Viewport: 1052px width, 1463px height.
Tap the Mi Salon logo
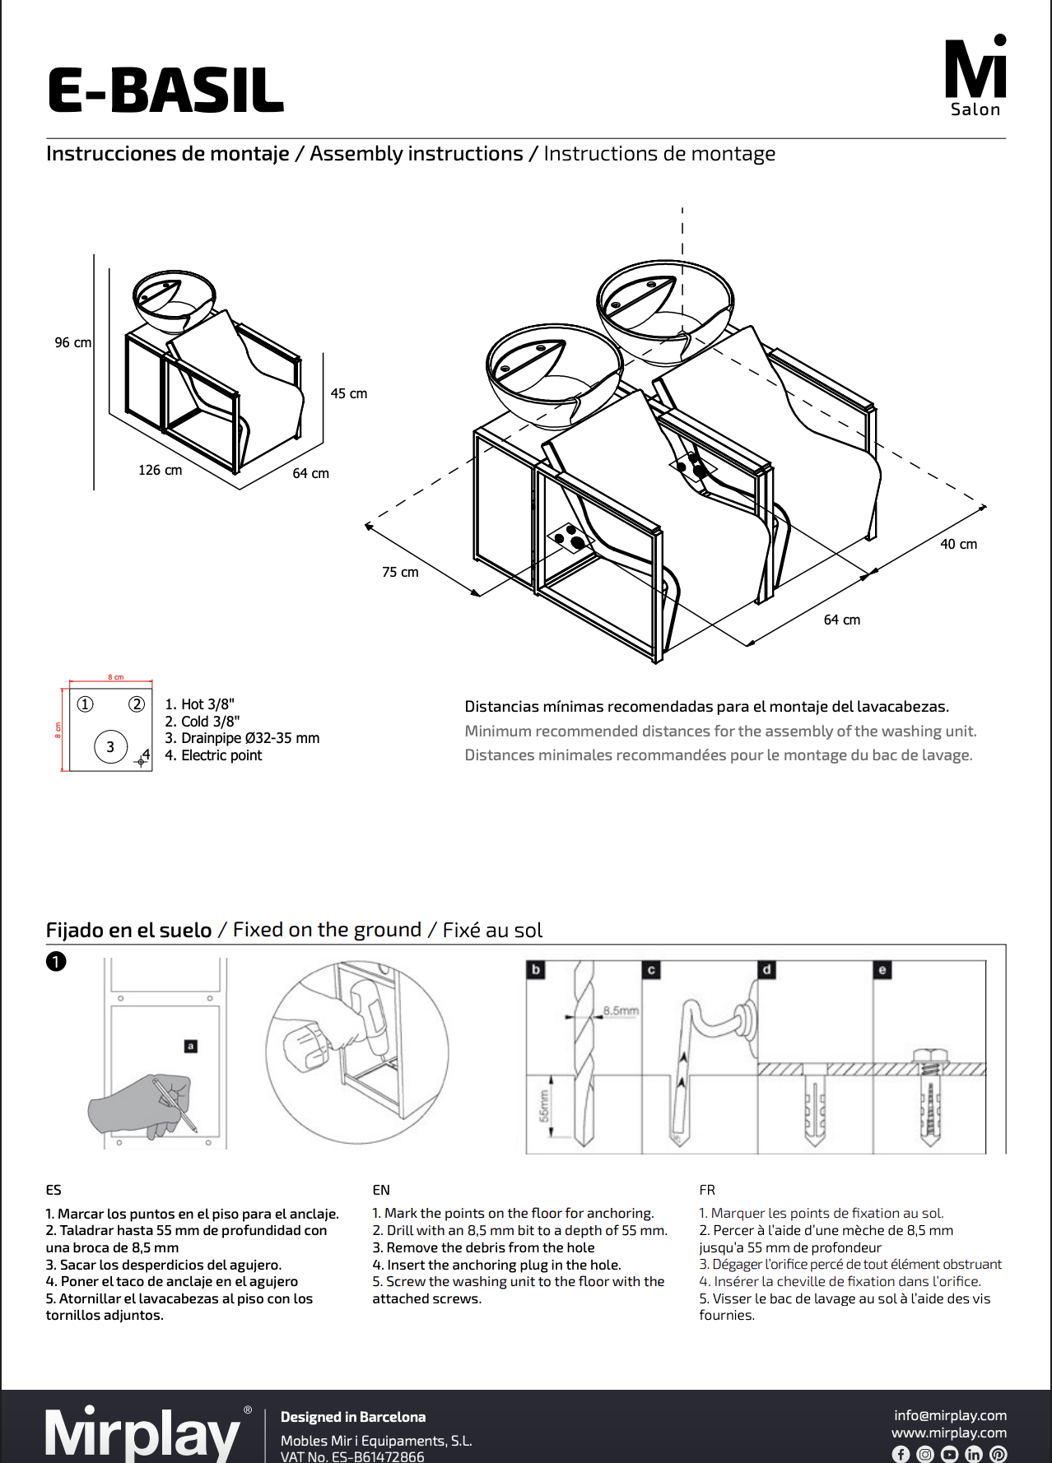pos(975,77)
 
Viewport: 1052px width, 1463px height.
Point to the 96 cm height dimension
pos(72,342)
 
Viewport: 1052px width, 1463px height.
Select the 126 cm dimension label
pos(160,470)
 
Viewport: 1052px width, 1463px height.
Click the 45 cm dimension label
pos(349,393)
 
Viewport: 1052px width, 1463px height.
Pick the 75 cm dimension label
pos(400,572)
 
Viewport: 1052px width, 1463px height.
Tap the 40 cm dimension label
pos(959,544)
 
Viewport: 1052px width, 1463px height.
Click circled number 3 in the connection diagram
pos(110,747)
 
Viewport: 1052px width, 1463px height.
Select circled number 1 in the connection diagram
pos(86,704)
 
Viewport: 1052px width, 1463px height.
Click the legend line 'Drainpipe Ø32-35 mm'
pos(242,738)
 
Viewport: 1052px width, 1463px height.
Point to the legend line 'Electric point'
pos(213,755)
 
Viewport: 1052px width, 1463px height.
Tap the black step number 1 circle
pos(56,961)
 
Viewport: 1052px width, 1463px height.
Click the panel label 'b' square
pos(536,969)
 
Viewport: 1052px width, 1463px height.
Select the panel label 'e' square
pos(882,969)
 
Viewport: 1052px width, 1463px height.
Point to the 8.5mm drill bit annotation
pos(621,1010)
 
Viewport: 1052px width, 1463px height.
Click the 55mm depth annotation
pos(544,1106)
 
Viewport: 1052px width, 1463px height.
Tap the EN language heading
pos(381,1190)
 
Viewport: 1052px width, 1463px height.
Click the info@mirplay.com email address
pos(950,1415)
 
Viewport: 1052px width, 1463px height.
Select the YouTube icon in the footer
pos(949,1454)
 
